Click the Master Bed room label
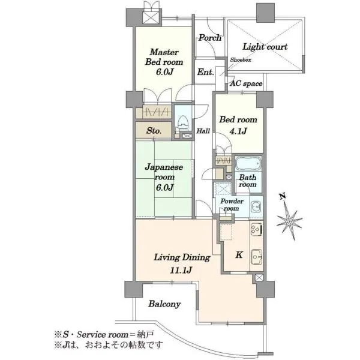[x=164, y=57]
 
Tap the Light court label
[x=265, y=47]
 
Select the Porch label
[x=210, y=38]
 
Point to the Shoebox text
[x=241, y=59]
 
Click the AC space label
[x=246, y=83]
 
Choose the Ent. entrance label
[x=205, y=72]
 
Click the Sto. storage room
[x=154, y=130]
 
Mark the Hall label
[x=203, y=131]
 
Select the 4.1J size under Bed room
[x=238, y=131]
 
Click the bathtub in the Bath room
[x=248, y=163]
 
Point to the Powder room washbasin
[x=256, y=207]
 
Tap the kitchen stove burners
[x=256, y=229]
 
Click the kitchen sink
[x=256, y=257]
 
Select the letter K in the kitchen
[x=239, y=255]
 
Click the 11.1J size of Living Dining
[x=181, y=270]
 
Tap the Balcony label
[x=164, y=304]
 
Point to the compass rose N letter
[x=283, y=196]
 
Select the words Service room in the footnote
[x=103, y=335]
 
